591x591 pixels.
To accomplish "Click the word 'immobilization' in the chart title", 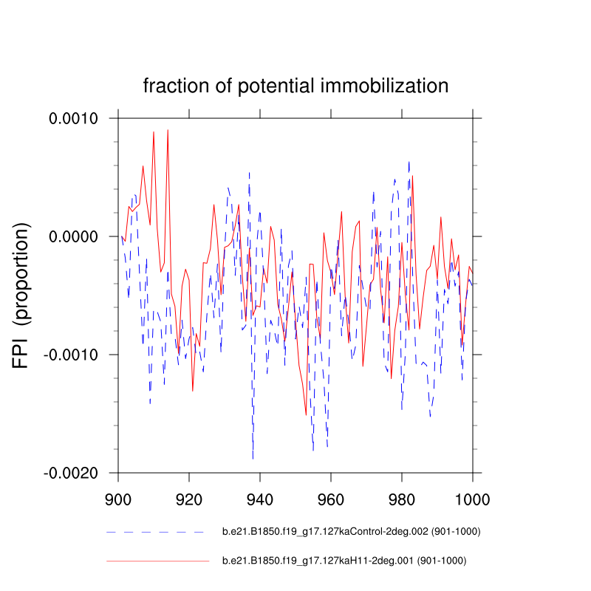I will click(385, 86).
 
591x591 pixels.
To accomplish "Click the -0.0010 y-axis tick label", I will click(78, 355).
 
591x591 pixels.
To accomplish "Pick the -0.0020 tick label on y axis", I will click(78, 473).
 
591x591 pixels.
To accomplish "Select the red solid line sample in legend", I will click(157, 561).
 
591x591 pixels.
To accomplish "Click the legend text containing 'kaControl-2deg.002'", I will click(346, 532).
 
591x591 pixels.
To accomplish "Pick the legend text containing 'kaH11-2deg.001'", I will click(344, 561).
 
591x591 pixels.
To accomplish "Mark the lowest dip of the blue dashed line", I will click(253, 459).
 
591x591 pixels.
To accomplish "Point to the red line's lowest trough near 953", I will click(306, 415).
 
